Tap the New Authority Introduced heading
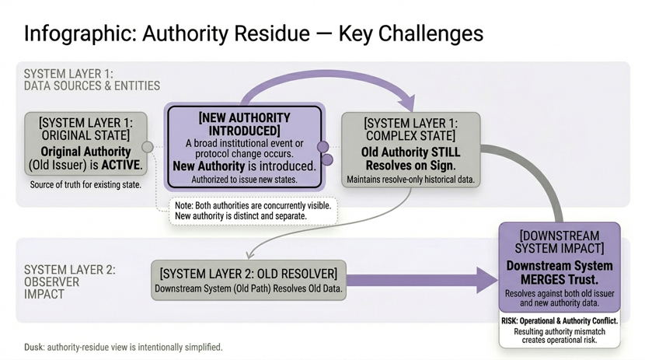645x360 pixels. pyautogui.click(x=244, y=124)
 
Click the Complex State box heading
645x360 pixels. pyautogui.click(x=411, y=130)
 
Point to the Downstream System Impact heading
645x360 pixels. pyautogui.click(x=560, y=241)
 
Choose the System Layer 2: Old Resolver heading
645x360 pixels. pyautogui.click(x=249, y=274)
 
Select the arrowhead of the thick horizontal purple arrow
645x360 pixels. pyautogui.click(x=486, y=281)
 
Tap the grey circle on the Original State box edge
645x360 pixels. pyautogui.click(x=148, y=147)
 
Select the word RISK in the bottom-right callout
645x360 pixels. pyautogui.click(x=510, y=320)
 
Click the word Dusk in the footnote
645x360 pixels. pyautogui.click(x=33, y=347)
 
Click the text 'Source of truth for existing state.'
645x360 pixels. pyautogui.click(x=85, y=185)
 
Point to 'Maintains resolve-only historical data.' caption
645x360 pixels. pyautogui.click(x=410, y=180)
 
